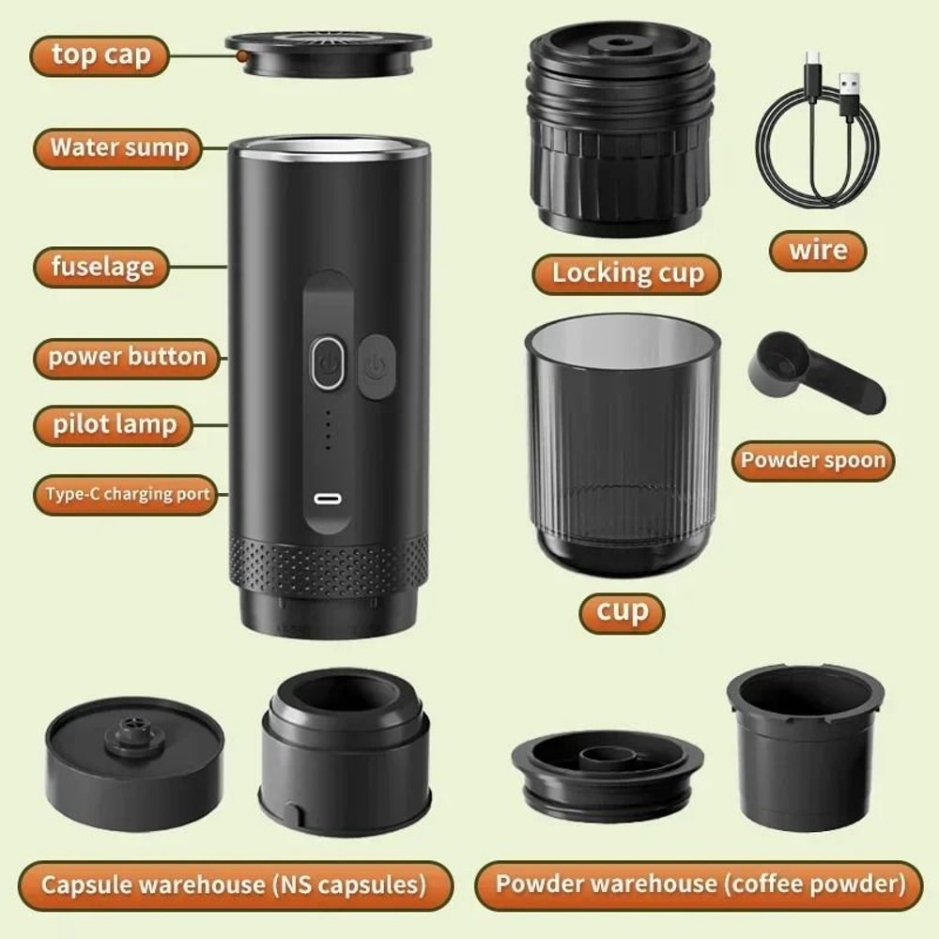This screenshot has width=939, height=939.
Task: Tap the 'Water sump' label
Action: [118, 148]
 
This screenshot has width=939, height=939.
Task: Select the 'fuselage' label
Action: [101, 267]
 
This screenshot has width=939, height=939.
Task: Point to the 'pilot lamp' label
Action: [114, 424]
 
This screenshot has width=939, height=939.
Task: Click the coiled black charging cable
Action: [817, 131]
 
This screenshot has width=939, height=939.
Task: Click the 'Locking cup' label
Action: [626, 274]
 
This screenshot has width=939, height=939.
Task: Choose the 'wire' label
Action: [817, 251]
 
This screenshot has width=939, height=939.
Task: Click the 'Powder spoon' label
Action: [812, 461]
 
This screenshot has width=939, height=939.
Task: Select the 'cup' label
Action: [622, 612]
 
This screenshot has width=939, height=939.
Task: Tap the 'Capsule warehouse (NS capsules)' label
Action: [234, 885]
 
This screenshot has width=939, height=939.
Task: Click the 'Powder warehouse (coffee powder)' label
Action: [699, 885]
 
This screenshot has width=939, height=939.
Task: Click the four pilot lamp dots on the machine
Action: [327, 430]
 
